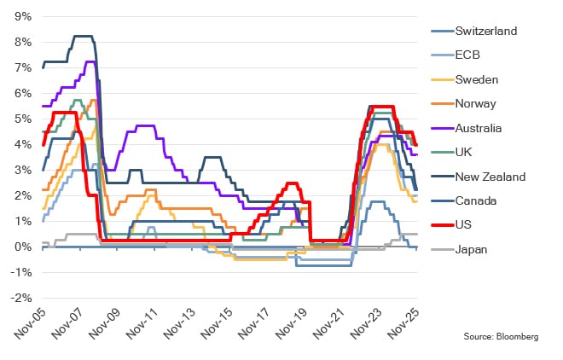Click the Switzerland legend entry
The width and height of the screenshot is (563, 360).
(x=486, y=31)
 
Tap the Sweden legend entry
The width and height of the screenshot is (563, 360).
(x=476, y=79)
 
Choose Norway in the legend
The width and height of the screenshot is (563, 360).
(x=475, y=104)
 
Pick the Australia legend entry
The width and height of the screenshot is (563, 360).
(x=479, y=129)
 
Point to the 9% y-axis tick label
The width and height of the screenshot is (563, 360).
(x=23, y=16)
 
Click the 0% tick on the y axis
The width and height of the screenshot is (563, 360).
(x=23, y=247)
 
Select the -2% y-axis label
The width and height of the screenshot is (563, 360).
(x=21, y=298)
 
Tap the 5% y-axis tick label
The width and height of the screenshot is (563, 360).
(x=23, y=119)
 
